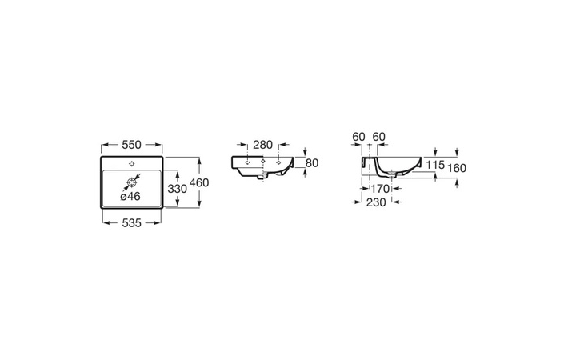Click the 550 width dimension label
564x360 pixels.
point(132,145)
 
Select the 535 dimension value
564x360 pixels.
point(132,223)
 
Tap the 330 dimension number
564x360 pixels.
point(178,189)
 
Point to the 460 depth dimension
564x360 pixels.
point(199,182)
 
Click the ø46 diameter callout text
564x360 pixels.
point(130,196)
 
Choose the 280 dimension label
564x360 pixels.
point(263,145)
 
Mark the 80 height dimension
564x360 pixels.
point(312,163)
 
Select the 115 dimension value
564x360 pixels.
point(435,165)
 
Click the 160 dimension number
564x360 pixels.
point(457,168)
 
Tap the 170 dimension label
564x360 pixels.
point(380,189)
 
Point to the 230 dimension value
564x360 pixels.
point(376,202)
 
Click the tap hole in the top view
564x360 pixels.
point(132,164)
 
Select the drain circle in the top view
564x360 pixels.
point(132,183)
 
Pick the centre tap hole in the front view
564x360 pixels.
point(263,162)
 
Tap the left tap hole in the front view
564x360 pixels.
point(247,162)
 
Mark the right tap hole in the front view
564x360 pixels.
point(278,162)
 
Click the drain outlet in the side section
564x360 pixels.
point(392,174)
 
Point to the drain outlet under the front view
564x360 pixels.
point(264,175)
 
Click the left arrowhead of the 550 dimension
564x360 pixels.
point(105,145)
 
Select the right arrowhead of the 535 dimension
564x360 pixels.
point(158,223)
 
